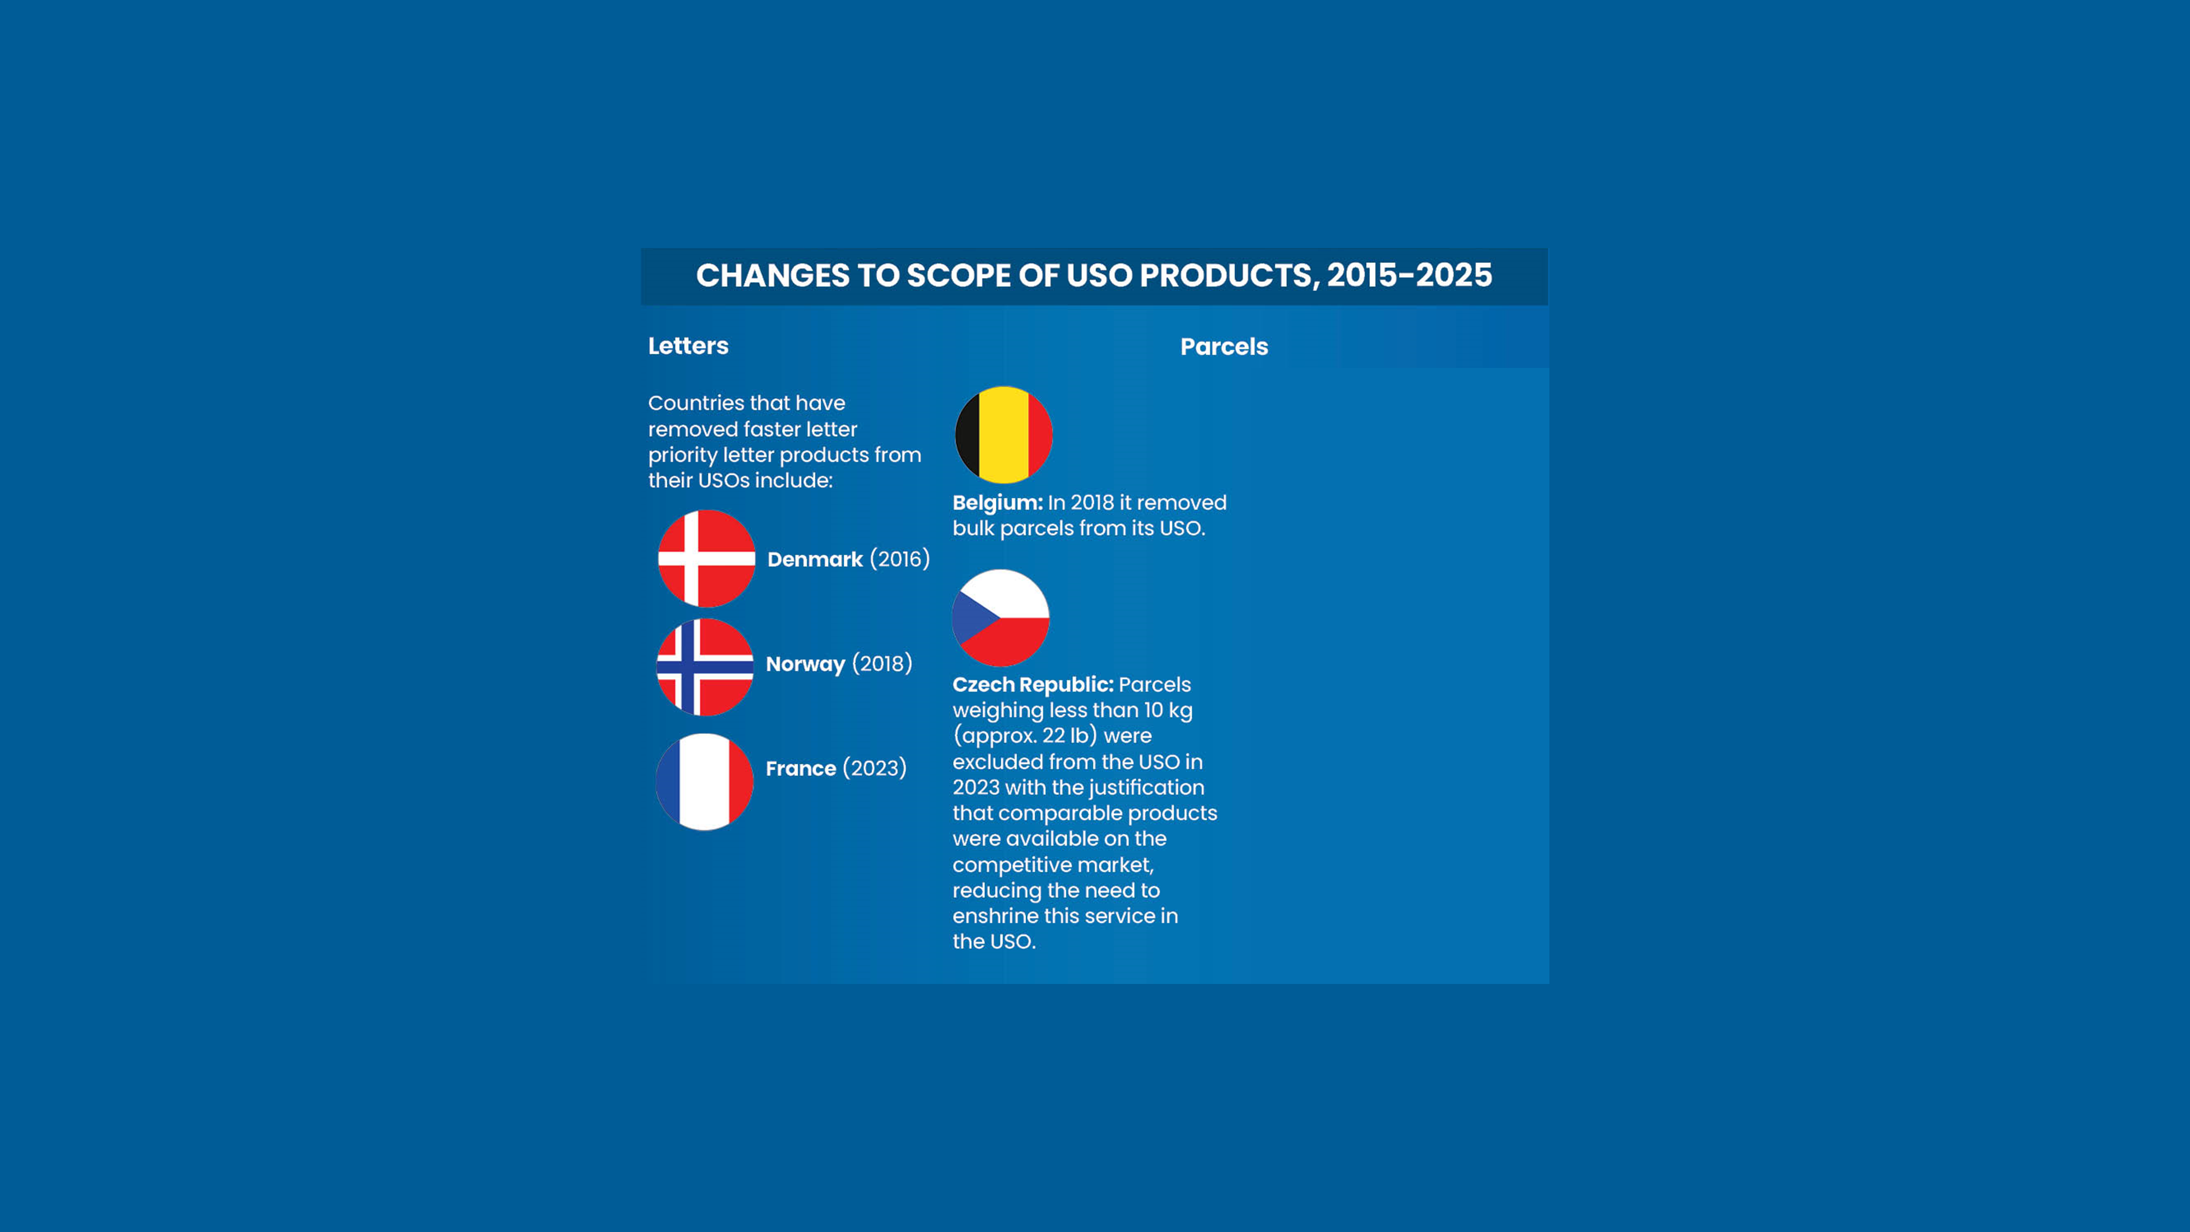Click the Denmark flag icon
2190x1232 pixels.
point(706,559)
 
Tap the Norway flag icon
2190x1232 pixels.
point(705,666)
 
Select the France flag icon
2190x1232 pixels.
point(704,781)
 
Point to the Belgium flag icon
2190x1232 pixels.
point(1003,434)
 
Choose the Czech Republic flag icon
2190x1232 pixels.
point(1001,618)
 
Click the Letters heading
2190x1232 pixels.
point(688,346)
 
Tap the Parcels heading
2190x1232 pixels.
point(1223,347)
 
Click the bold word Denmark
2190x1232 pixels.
point(815,560)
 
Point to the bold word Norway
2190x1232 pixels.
point(805,664)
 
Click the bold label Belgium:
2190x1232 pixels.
point(997,503)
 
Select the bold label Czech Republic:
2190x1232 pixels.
point(1032,684)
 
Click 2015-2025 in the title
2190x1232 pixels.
point(1409,275)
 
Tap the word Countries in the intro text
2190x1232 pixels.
point(695,403)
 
